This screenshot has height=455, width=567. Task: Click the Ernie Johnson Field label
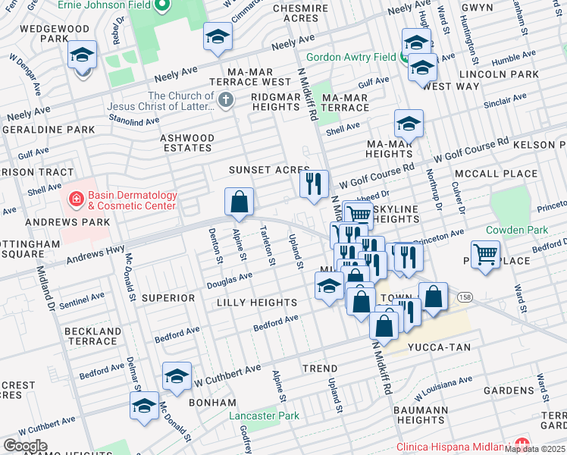pos(108,8)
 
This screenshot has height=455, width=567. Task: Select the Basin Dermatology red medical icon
pos(77,200)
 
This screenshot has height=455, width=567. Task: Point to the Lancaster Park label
pos(265,416)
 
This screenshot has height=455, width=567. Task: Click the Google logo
pos(25,446)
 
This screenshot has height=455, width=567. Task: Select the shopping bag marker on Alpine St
pos(239,202)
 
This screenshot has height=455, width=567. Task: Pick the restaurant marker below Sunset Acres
pos(314,184)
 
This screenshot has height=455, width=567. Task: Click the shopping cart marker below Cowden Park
pos(485,255)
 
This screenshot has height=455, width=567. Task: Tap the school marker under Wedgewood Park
pos(82,55)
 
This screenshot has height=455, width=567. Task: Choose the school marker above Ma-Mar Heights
pos(409,124)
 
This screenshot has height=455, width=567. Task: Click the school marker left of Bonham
pos(177,377)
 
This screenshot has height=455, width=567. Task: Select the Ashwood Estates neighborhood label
pos(186,143)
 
